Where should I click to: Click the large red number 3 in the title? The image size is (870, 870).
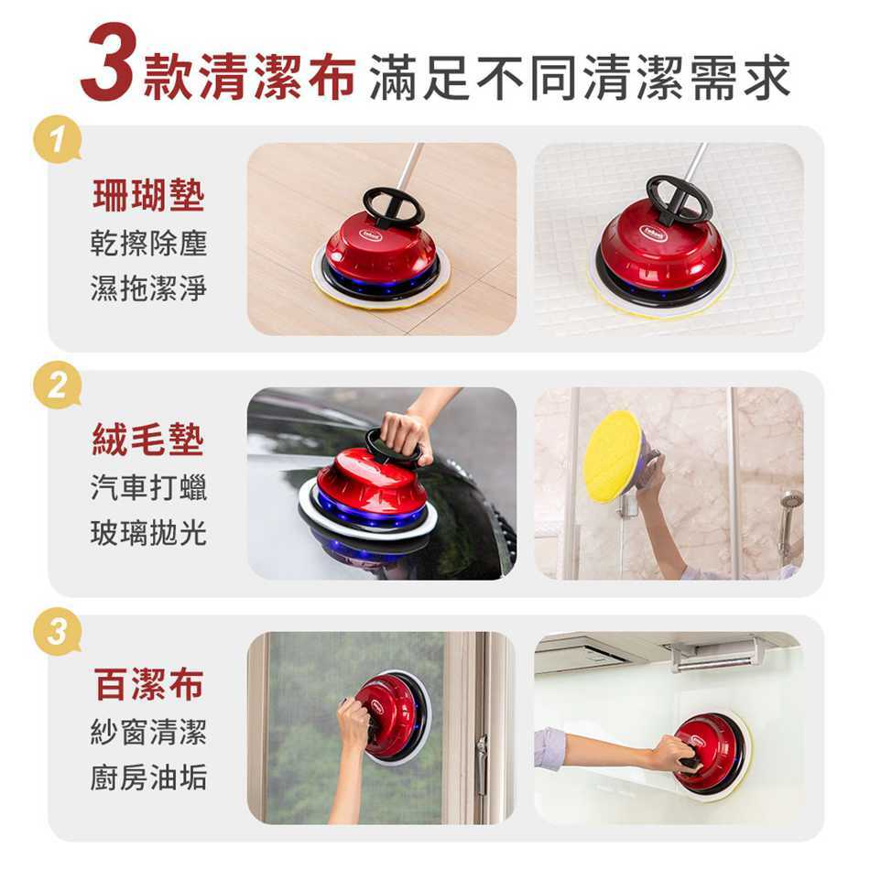point(109,62)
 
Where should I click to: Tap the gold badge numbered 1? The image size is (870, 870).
point(57,138)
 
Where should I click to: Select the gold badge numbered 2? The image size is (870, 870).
point(57,385)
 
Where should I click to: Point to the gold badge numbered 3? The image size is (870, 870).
point(57,631)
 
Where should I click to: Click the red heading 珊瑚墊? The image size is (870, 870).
point(148,195)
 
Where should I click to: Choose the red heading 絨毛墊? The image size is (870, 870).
point(148,440)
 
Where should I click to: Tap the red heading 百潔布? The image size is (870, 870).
point(148,684)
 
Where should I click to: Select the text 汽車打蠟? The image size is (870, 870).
point(148,488)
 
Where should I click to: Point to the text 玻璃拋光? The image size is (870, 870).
point(148,533)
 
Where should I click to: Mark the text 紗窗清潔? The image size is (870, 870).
point(148,733)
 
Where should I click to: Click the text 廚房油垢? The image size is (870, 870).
point(148,777)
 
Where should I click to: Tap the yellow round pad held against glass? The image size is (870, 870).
point(612,456)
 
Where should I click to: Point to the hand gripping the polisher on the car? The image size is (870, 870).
point(407,437)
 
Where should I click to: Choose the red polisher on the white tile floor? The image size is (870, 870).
point(660,250)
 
